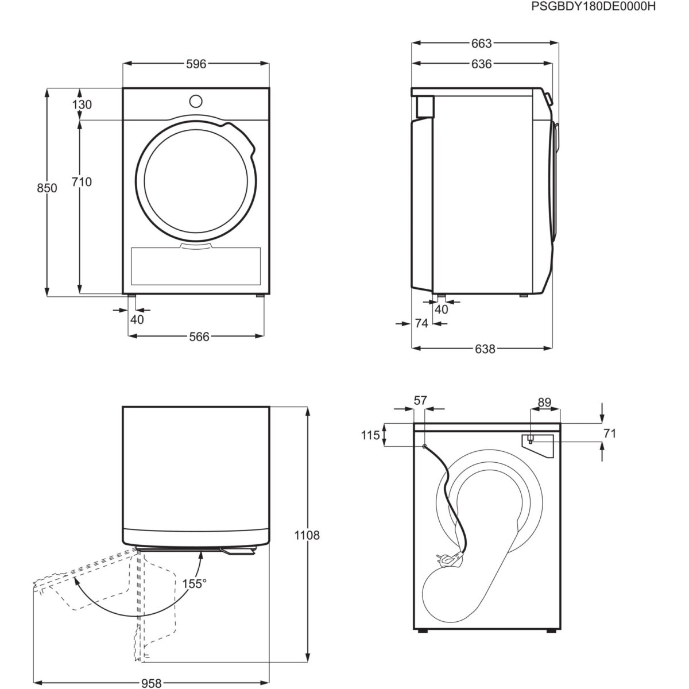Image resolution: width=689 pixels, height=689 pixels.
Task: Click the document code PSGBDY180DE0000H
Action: [x=601, y=7]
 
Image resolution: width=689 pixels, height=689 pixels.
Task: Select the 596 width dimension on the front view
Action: [x=195, y=64]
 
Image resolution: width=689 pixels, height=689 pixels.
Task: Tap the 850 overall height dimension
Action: [x=47, y=188]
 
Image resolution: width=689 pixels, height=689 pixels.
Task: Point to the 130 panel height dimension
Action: [x=82, y=104]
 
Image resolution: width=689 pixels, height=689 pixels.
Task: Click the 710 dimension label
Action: [x=82, y=182]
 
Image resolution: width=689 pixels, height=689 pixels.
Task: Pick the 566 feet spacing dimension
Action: [x=199, y=336]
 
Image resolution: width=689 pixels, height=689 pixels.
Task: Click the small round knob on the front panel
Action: [x=196, y=101]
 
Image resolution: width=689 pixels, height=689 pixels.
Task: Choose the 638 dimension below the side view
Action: [x=485, y=349]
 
